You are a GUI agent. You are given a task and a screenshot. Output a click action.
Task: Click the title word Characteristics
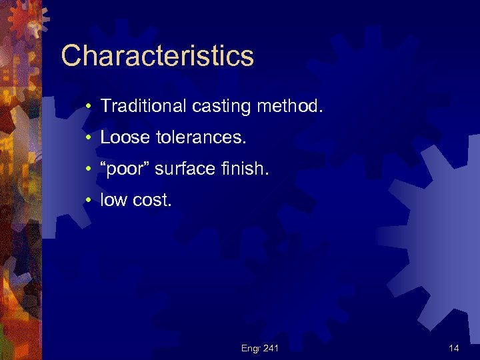pyautogui.click(x=157, y=56)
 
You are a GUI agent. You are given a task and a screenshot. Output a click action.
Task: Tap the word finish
pyautogui.click(x=246, y=169)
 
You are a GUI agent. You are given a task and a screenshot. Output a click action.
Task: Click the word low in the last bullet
pyautogui.click(x=113, y=201)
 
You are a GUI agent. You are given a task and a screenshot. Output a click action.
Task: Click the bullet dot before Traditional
pyautogui.click(x=88, y=105)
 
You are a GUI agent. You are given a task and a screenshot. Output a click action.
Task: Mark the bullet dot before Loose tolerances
pyautogui.click(x=88, y=138)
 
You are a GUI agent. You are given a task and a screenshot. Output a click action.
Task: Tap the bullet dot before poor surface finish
pyautogui.click(x=88, y=170)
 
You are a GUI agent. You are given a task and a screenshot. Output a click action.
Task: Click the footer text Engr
pyautogui.click(x=251, y=347)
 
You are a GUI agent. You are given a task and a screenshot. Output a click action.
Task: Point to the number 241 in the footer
pyautogui.click(x=271, y=347)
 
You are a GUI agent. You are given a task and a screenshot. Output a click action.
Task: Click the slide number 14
pyautogui.click(x=454, y=347)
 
